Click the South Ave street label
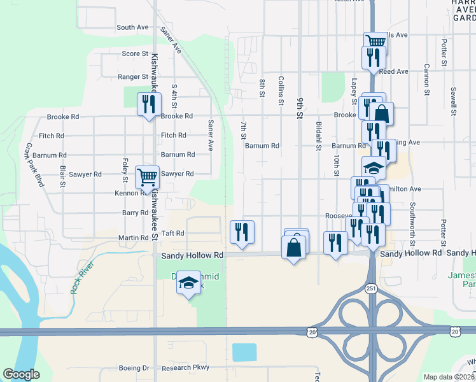pos(132,27)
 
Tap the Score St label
pos(135,53)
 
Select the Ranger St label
pos(133,77)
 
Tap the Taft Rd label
pos(172,234)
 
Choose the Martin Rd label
pos(133,238)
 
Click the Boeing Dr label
pos(134,368)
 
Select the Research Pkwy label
pos(185,368)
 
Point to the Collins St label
pos(281,90)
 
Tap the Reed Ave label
pos(393,72)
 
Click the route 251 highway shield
pos(371,288)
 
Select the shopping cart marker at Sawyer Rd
pos(147,176)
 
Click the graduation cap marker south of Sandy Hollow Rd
pos(188,283)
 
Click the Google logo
pos(22,375)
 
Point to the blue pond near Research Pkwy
pos(244,351)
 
